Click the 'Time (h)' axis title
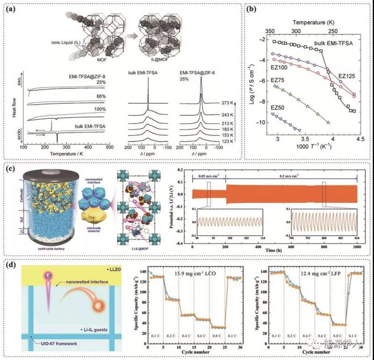(x=273, y=251)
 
